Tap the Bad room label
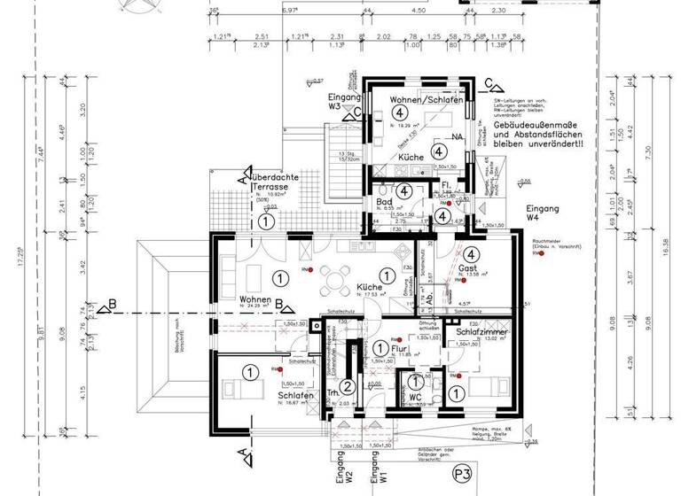tap(384, 203)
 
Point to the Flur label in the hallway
tap(384, 347)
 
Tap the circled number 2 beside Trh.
tap(348, 386)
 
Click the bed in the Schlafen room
tap(237, 387)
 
